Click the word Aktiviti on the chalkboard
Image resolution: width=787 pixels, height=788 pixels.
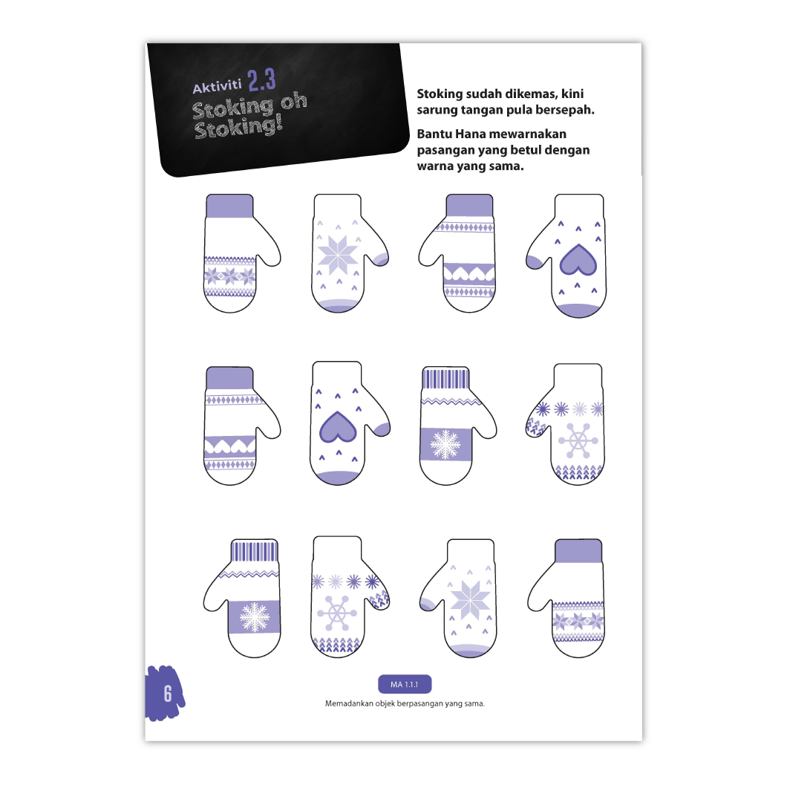pos(217,86)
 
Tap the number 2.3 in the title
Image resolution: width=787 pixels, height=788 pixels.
pos(261,80)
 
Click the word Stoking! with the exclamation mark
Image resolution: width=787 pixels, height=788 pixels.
pos(238,127)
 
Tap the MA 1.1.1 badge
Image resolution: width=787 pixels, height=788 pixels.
pos(405,684)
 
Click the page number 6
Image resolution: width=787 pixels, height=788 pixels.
pos(168,694)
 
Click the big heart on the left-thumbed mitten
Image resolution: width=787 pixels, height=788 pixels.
pos(578,260)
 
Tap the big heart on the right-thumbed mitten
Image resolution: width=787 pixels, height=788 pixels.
pos(338,427)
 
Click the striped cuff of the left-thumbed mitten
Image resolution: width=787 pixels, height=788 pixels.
pos(254,551)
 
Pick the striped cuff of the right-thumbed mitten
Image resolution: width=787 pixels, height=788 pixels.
pos(446,378)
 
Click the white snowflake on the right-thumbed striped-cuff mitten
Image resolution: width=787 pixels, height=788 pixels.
pos(445,444)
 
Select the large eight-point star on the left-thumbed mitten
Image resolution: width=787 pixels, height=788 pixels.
pos(470,600)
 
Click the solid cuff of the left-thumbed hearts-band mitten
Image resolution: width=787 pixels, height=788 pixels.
pos(469,206)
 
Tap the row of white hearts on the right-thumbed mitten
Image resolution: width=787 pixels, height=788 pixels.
pos(230,446)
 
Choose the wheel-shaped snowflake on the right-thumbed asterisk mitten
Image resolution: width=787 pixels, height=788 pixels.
pos(337,613)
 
